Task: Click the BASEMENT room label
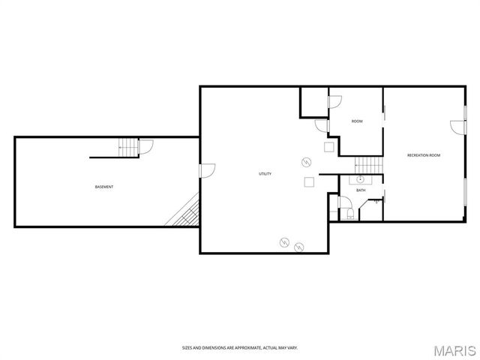pos(104,186)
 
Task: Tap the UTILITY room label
pos(265,174)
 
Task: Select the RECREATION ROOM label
pos(423,155)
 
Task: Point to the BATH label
pos(361,190)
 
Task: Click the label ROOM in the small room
pos(357,121)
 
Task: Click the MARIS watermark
pos(454,349)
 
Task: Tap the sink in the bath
pos(361,180)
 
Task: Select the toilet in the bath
pos(350,214)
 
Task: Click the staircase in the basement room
pos(129,148)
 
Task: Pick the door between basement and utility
pos(207,171)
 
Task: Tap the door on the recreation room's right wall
pos(456,127)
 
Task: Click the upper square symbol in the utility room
pos(328,146)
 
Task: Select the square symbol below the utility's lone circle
pos(308,181)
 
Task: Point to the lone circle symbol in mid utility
pos(306,161)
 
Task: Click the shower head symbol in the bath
pos(376,201)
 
